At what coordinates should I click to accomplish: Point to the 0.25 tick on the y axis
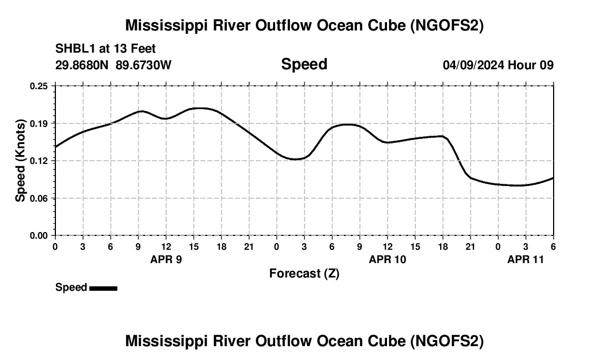[x=39, y=86]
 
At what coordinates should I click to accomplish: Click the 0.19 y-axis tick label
[x=39, y=123]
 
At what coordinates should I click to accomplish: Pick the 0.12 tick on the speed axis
[x=39, y=161]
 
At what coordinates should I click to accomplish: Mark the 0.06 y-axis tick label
[x=39, y=198]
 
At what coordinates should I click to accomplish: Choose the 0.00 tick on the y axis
[x=39, y=235]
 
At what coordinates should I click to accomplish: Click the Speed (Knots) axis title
[x=20, y=161]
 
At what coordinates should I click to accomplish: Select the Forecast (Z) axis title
[x=304, y=274]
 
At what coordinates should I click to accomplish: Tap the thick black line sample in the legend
[x=103, y=288]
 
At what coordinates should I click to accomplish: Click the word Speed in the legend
[x=71, y=287]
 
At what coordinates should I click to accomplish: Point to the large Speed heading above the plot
[x=304, y=64]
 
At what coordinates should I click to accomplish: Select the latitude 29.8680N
[x=82, y=65]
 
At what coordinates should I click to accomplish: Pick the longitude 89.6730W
[x=143, y=65]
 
